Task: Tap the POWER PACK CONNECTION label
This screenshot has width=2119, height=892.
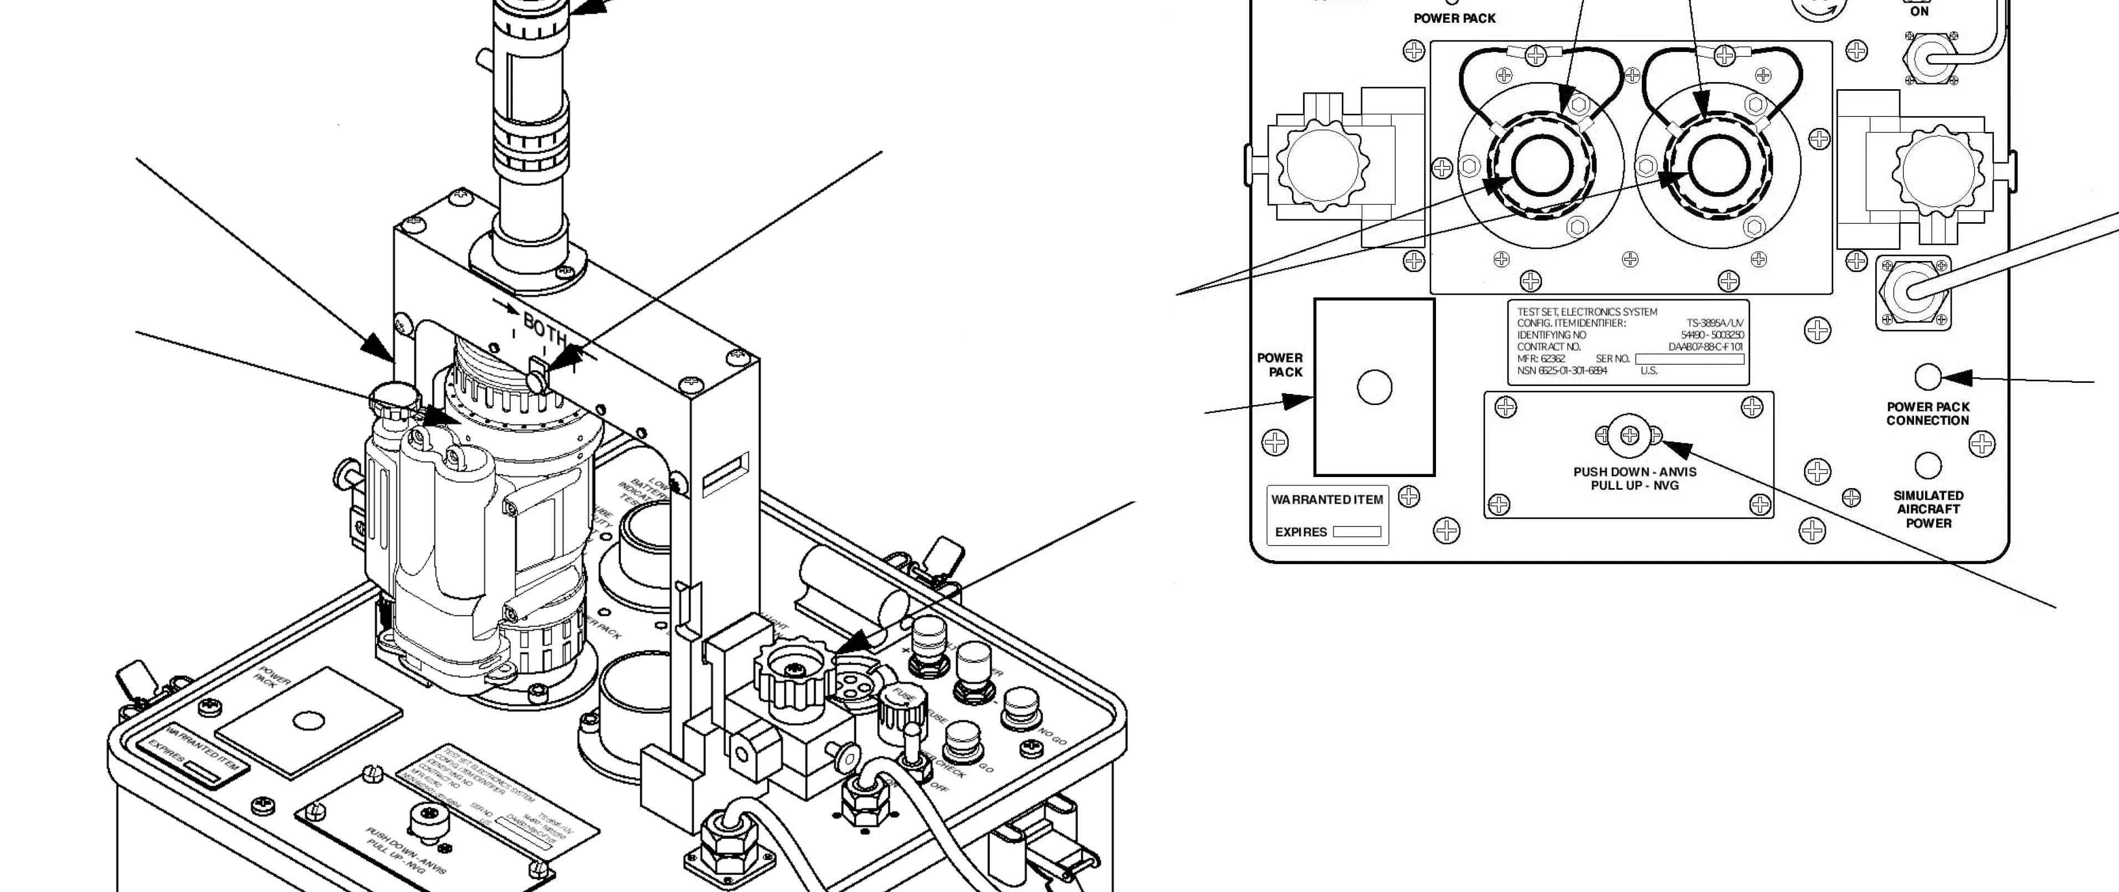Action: (x=1927, y=413)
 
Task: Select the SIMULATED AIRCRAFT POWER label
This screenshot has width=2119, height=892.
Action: (x=1928, y=509)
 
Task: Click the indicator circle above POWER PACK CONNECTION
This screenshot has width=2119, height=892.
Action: (x=1927, y=377)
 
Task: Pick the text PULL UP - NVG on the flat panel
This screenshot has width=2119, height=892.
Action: (x=1634, y=485)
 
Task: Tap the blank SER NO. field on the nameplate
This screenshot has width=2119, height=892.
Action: (x=1689, y=359)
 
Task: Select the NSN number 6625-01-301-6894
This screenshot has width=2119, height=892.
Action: (x=1562, y=370)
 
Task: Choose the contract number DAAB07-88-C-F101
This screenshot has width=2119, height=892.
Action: (x=1705, y=346)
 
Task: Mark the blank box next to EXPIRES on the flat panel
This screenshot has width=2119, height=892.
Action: (x=1357, y=531)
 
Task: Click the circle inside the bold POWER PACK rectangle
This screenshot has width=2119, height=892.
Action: (x=1374, y=387)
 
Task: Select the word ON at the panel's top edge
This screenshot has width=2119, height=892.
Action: (x=1919, y=12)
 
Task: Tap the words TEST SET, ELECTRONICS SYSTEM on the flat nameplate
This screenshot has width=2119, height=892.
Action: (x=1587, y=312)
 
